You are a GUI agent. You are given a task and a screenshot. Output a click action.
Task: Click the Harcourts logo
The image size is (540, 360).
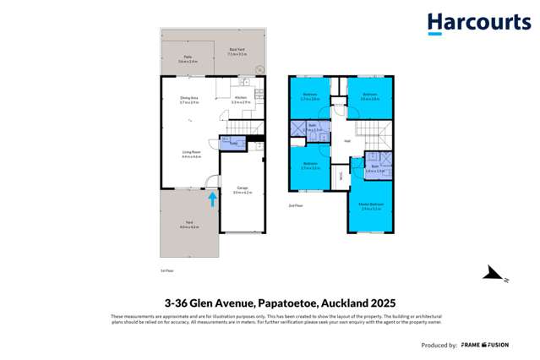pyautogui.click(x=478, y=23)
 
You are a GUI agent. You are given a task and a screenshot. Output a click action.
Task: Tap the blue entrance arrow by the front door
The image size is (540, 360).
pyautogui.click(x=211, y=199)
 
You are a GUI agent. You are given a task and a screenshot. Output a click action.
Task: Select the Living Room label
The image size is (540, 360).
pyautogui.click(x=190, y=154)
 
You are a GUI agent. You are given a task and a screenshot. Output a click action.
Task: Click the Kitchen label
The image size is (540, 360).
pyautogui.click(x=240, y=100)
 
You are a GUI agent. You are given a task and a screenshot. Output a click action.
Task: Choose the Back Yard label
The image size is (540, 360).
pyautogui.click(x=236, y=52)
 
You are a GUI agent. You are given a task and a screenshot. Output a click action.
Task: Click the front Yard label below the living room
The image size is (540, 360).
pyautogui.click(x=188, y=224)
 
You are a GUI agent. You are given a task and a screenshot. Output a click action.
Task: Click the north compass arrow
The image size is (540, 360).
pyautogui.click(x=493, y=273)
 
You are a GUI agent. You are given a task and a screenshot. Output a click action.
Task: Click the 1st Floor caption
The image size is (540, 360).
pyautogui.click(x=166, y=270)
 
